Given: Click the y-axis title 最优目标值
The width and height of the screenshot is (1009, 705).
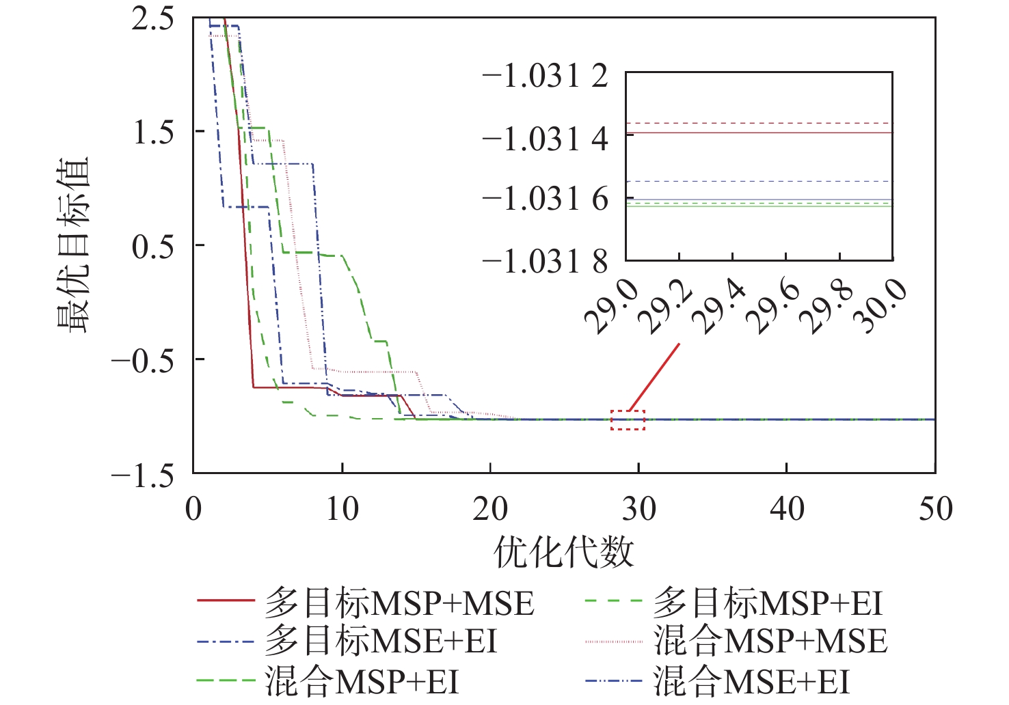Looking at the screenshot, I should pos(74,245).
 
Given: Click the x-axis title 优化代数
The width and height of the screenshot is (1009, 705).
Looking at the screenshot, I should pos(564,552).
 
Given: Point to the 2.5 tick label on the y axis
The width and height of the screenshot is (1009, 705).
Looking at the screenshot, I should pos(152,19).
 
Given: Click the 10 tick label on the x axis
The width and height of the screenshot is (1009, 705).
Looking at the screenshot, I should pos(342,510).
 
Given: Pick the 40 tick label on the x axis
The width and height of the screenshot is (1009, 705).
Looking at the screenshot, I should pos(787,510).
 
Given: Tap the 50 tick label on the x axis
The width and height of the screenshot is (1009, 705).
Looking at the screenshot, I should pos(934,510).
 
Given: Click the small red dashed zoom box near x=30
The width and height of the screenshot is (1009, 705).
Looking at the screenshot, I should pos(628,420).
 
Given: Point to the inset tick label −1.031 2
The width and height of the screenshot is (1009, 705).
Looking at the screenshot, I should pos(545,76).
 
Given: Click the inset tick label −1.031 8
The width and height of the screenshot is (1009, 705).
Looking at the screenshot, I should pos(545,261).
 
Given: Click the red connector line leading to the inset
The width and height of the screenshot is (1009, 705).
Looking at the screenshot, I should pos(654,377).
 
